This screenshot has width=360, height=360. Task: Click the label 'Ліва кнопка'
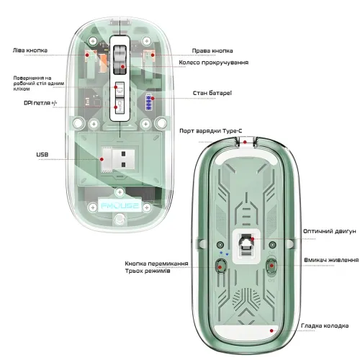point(30,50)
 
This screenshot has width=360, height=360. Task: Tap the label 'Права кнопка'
point(212,50)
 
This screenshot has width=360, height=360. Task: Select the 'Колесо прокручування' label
point(214,63)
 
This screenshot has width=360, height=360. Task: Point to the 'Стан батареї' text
point(212,93)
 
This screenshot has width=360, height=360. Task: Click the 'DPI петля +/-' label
point(40,103)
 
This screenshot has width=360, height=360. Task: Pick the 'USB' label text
point(42,155)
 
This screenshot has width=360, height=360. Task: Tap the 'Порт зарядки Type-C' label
point(211,131)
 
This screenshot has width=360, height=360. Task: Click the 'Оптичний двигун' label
point(330,231)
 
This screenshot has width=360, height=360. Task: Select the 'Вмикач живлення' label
point(331,260)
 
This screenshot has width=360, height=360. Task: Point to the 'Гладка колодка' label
point(325,325)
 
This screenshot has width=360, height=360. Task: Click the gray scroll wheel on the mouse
point(120,60)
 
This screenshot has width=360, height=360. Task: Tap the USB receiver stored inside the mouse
point(118,159)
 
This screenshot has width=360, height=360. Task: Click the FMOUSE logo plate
point(120,206)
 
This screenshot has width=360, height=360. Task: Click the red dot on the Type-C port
point(245,142)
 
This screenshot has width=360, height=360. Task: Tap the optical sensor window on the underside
point(246,245)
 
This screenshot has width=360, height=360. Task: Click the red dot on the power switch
point(271,266)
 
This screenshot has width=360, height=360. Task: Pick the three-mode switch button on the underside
point(220,266)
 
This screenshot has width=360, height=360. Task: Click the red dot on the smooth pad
point(271,330)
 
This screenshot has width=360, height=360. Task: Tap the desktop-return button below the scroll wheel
point(120,90)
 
